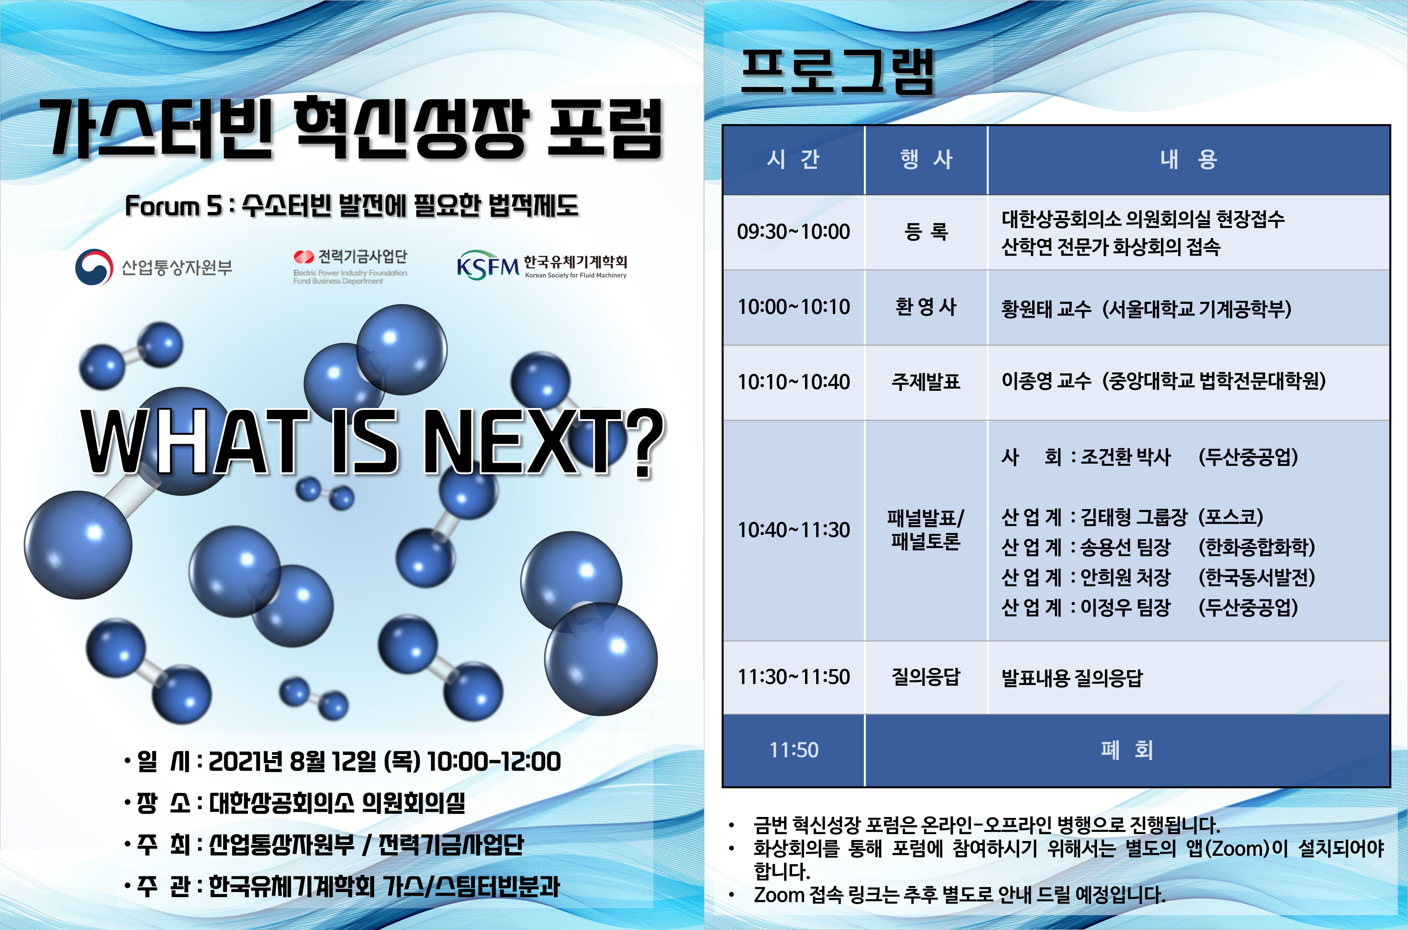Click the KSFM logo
[x=488, y=265]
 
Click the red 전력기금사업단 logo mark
[x=304, y=257]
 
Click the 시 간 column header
[x=793, y=159]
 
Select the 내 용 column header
[x=1188, y=159]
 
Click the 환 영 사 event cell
[x=926, y=307]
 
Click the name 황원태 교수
[x=1046, y=308]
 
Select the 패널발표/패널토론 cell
[x=926, y=530]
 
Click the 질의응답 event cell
[x=926, y=677]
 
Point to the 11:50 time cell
[x=793, y=750]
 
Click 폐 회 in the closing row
[x=1127, y=750]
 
